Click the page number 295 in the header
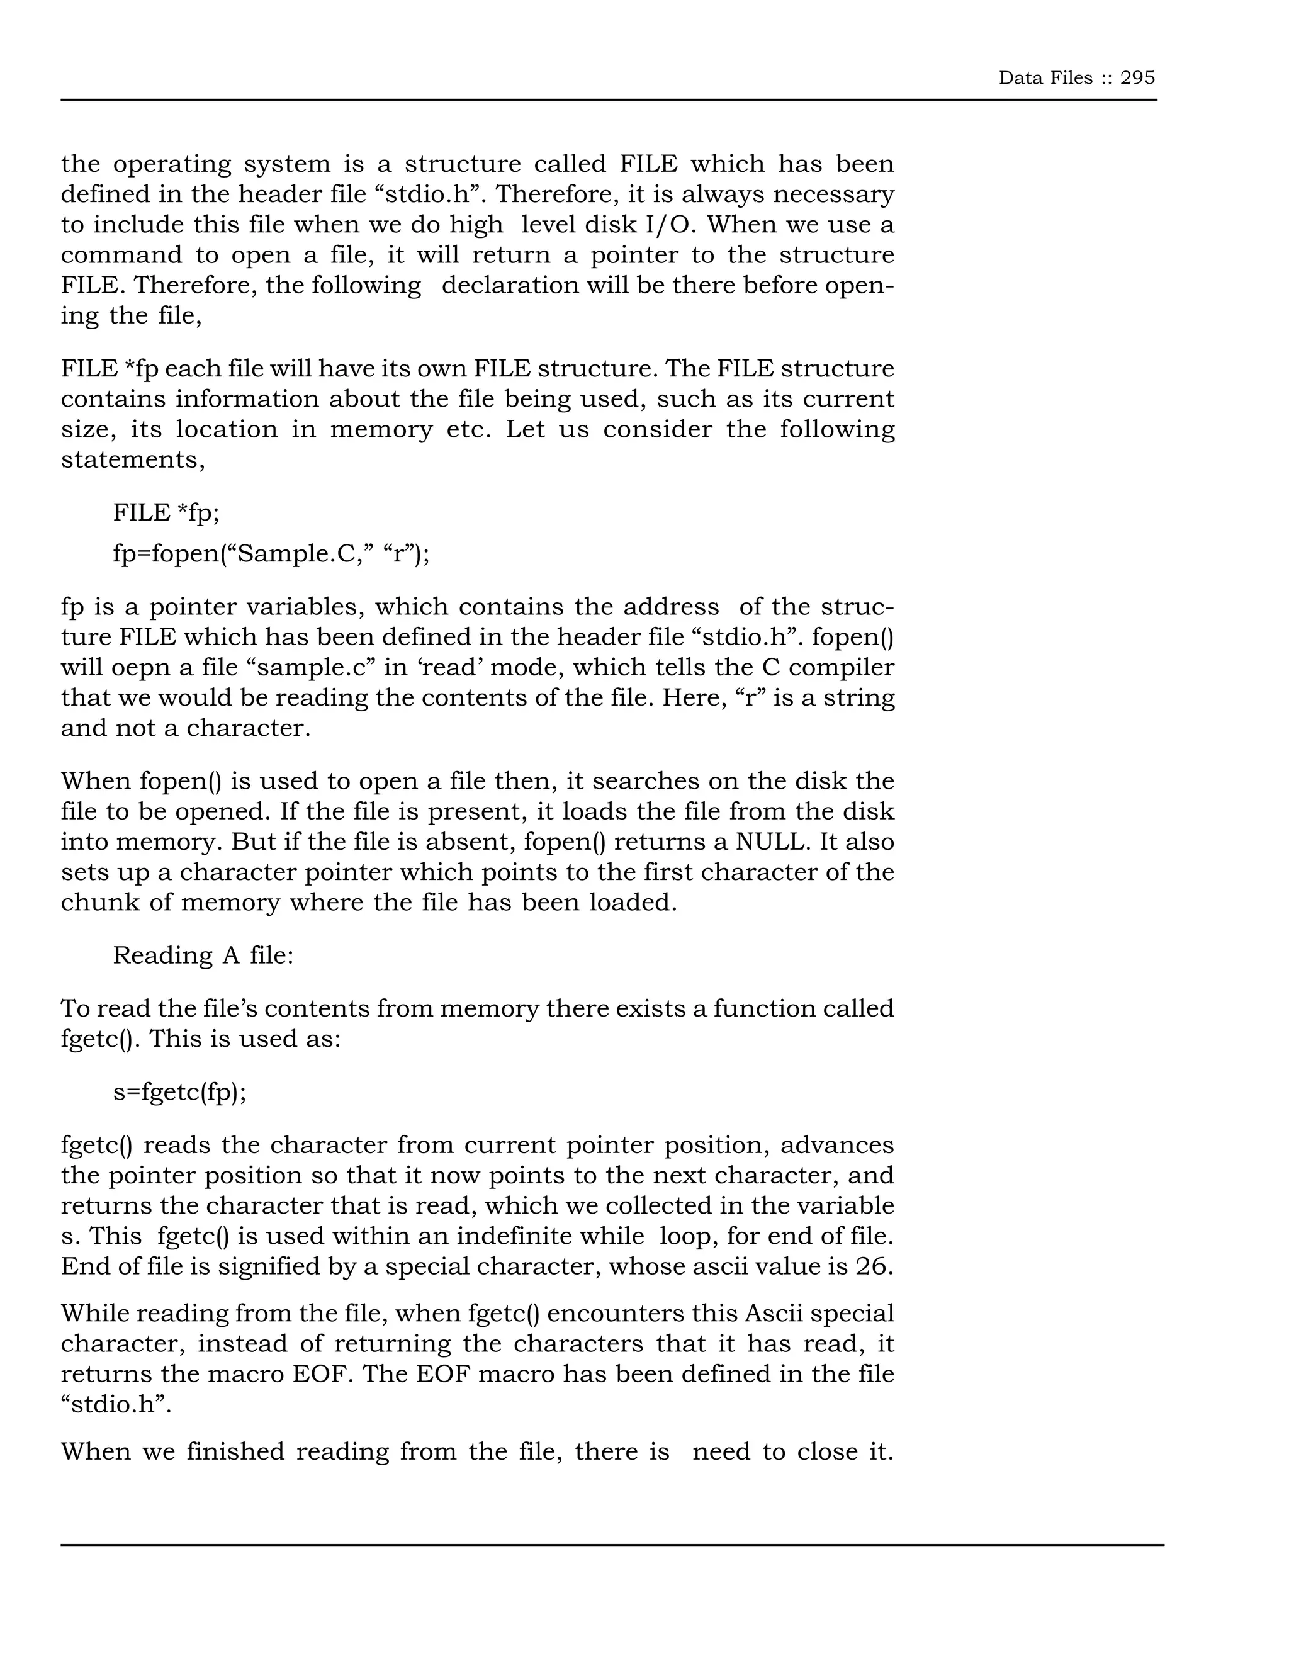[x=1137, y=78]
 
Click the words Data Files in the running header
[x=1045, y=78]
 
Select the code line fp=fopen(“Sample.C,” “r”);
[x=271, y=553]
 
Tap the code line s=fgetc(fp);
[x=179, y=1092]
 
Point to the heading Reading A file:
[x=203, y=955]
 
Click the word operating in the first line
[x=172, y=164]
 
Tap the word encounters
[x=614, y=1314]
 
